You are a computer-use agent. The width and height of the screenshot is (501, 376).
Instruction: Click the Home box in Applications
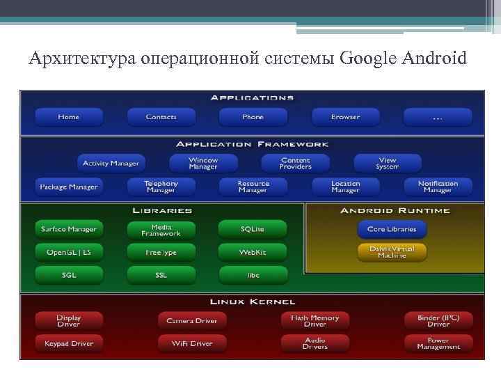click(x=68, y=117)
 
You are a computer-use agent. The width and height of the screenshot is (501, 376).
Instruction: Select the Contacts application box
click(x=161, y=117)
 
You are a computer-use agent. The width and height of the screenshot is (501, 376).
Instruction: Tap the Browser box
click(x=345, y=117)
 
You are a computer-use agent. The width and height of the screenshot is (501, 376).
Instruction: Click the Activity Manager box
click(x=111, y=164)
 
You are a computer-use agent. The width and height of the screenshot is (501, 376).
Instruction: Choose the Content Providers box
click(x=295, y=164)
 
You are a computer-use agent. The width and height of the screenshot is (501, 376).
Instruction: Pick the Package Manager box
click(x=69, y=187)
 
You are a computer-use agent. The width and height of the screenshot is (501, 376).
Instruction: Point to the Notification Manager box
click(x=438, y=187)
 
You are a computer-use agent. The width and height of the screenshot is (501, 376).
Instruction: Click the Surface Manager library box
click(x=69, y=229)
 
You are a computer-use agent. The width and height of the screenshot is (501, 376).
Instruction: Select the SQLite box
click(x=252, y=229)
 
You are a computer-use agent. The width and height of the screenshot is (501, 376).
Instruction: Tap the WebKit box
click(x=252, y=252)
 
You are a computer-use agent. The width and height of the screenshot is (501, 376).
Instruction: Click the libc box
click(x=253, y=275)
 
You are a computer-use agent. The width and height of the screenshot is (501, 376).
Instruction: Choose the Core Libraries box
click(x=392, y=229)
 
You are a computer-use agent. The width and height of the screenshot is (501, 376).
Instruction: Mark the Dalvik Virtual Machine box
click(x=392, y=252)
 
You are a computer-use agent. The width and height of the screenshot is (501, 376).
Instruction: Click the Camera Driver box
click(x=191, y=321)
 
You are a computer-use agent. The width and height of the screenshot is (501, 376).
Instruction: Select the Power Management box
click(x=438, y=343)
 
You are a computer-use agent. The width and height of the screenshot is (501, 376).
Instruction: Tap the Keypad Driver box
click(x=69, y=343)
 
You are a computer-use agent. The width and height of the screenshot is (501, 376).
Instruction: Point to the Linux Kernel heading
click(x=253, y=301)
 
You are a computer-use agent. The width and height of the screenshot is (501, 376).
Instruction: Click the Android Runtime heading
click(x=395, y=210)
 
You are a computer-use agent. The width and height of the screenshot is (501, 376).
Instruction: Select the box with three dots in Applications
click(x=437, y=117)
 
